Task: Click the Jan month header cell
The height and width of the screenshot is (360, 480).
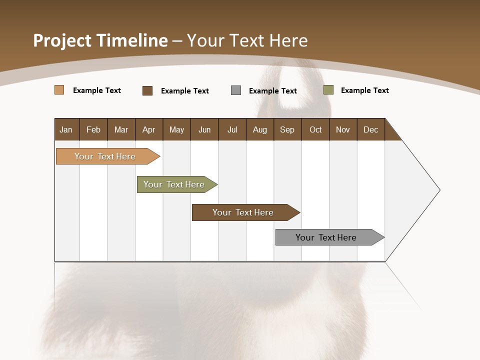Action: coord(66,129)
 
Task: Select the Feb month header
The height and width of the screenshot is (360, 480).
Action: coord(93,129)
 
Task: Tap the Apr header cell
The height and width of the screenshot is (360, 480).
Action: coord(149,129)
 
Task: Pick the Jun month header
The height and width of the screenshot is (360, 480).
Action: coord(204,129)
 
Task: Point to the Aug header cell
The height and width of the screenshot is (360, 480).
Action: coord(260,129)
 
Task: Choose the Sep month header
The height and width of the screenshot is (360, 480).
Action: coord(287,129)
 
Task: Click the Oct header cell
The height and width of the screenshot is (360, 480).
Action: coord(315,129)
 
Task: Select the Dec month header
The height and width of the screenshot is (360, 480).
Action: coord(371,129)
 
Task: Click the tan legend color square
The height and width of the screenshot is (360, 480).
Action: coord(59,90)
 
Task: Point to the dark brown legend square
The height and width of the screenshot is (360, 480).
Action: coord(147,90)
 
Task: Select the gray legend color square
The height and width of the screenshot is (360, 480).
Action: coord(236,90)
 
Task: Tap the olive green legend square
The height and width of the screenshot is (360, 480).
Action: coord(328,90)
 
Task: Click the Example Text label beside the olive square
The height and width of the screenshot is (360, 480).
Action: coord(364,90)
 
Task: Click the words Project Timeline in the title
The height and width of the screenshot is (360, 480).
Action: coord(100,40)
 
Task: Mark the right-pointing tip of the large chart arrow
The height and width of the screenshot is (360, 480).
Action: coord(438,190)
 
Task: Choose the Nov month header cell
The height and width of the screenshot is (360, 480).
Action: coord(343,129)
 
